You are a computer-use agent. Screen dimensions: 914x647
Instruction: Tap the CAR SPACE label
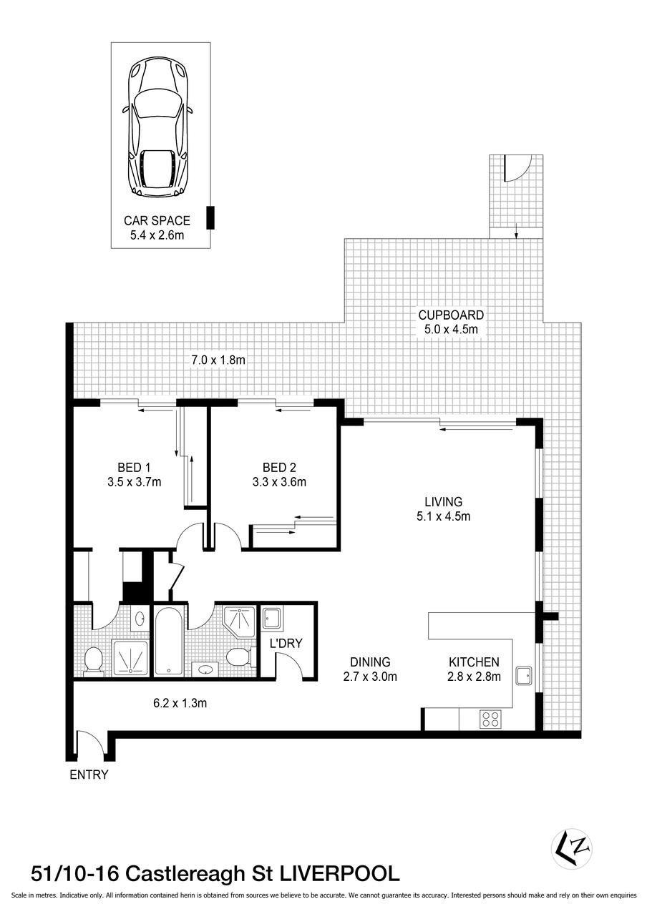[157, 221]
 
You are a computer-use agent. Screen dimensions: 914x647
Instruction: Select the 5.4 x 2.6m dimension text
[157, 235]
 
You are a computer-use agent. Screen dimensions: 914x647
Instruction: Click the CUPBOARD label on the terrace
[451, 315]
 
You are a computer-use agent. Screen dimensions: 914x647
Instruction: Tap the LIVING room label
[443, 502]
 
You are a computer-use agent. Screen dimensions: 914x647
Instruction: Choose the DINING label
[370, 662]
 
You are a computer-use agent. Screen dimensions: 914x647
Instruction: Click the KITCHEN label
[474, 662]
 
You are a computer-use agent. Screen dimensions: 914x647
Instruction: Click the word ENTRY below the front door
[89, 775]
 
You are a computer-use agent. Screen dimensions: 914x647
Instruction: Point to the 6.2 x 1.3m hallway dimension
[180, 703]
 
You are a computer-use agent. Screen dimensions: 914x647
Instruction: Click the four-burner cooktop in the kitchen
[490, 718]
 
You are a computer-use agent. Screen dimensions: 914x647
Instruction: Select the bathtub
[170, 642]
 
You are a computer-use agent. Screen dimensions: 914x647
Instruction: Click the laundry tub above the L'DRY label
[272, 617]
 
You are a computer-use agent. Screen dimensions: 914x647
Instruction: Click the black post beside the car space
[210, 217]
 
